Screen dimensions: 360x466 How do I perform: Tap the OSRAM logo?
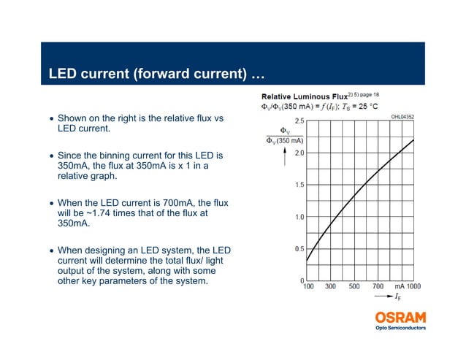point(400,317)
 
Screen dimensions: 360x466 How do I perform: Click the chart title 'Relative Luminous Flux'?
point(305,96)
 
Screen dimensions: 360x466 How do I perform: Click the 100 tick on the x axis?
point(308,287)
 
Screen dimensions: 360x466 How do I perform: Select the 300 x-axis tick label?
point(331,287)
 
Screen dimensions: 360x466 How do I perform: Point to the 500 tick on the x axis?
point(354,287)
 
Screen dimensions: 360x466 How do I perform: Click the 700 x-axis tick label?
point(378,287)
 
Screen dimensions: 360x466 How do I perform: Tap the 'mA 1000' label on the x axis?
point(408,287)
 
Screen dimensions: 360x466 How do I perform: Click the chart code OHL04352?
point(402,116)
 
